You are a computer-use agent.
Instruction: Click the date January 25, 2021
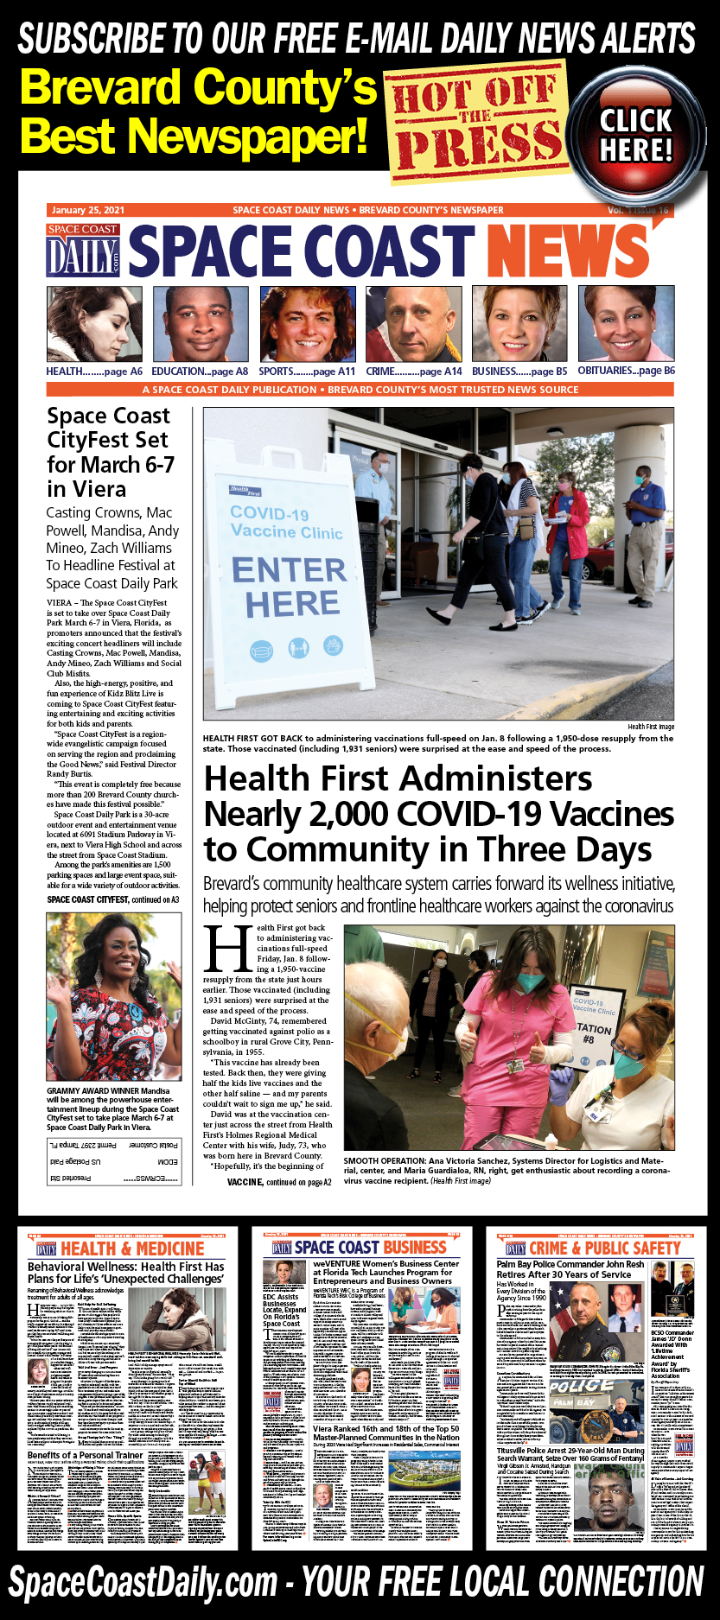[88, 210]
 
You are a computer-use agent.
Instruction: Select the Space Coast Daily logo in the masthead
[83, 251]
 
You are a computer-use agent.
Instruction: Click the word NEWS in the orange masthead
[570, 252]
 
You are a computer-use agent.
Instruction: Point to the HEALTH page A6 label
[94, 372]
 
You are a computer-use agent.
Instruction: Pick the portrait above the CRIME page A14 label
[413, 324]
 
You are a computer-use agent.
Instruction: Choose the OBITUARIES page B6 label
[626, 371]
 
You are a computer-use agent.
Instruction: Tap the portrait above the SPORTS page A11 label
[308, 324]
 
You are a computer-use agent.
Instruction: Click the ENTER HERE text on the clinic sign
[290, 587]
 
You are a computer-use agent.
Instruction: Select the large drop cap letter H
[227, 950]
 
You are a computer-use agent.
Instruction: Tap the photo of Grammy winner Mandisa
[114, 996]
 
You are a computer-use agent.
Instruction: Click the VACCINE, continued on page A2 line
[278, 1182]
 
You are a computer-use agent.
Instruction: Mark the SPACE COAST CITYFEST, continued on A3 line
[113, 899]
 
